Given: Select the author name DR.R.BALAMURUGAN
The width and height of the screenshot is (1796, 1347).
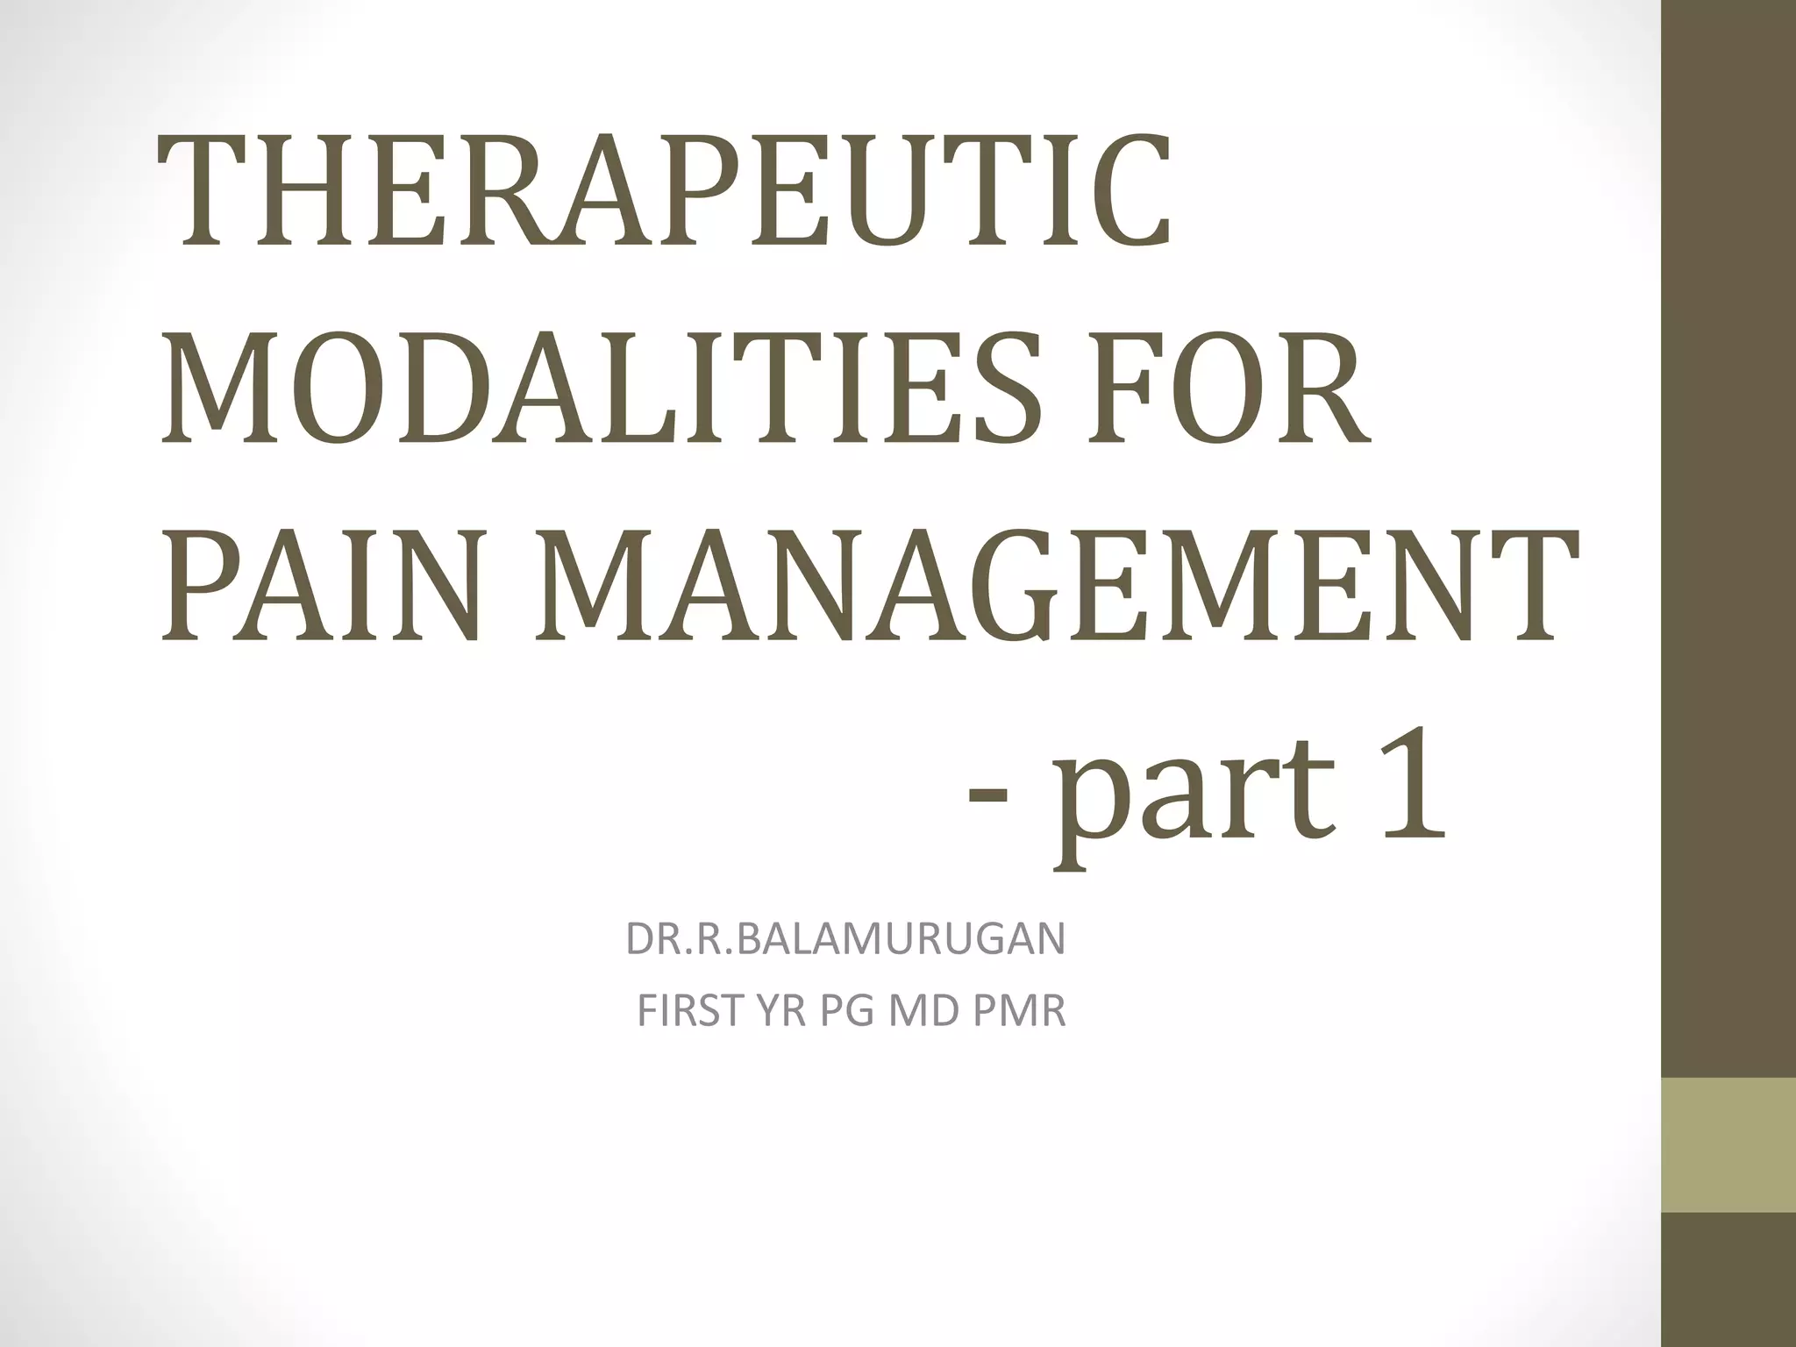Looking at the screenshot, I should point(845,939).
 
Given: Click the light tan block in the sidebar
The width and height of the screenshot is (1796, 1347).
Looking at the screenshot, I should point(1728,1144).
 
